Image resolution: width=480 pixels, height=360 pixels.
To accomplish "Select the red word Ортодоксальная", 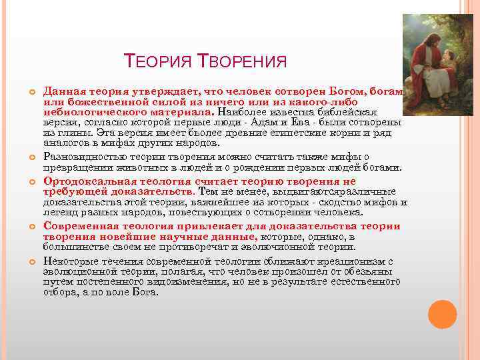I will point(85,182).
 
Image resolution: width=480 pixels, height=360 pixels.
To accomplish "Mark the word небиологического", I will point(91,113).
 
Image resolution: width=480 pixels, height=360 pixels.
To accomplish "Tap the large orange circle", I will point(442,314).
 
